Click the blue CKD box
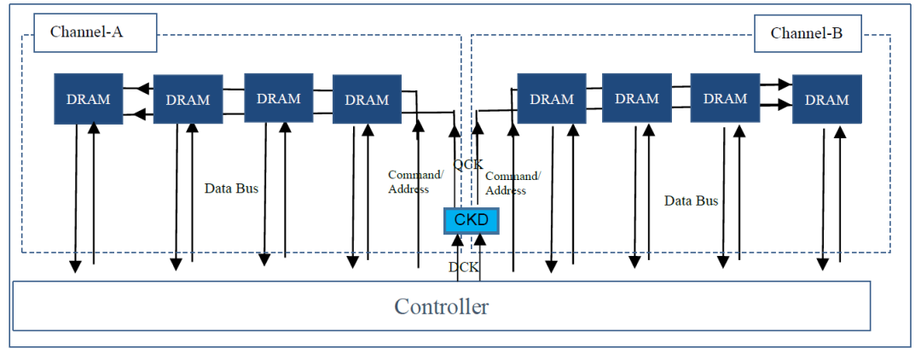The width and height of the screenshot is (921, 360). tap(470, 221)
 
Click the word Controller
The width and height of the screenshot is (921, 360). tap(441, 306)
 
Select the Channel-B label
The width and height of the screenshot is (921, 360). tap(807, 34)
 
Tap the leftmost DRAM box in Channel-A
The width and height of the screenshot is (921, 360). tap(89, 99)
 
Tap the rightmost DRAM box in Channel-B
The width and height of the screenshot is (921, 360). tap(826, 100)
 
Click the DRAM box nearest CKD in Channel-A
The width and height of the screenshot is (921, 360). tap(367, 100)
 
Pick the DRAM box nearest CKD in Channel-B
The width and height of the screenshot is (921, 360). tap(552, 99)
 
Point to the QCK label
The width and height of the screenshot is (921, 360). tap(468, 164)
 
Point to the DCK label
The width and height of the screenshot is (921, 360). tap(464, 267)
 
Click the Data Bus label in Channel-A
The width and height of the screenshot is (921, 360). tap(231, 188)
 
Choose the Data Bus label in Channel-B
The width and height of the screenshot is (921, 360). tap(691, 201)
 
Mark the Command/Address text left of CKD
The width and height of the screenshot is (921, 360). tap(414, 182)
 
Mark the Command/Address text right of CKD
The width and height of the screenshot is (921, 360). tap(513, 183)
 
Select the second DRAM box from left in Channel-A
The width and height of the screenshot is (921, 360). tap(188, 100)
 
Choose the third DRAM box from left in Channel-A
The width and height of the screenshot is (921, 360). tap(279, 98)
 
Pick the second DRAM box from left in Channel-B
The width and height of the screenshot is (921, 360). tap(637, 98)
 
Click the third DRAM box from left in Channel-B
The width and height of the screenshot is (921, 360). tap(725, 98)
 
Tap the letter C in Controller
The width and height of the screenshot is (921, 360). tap(402, 306)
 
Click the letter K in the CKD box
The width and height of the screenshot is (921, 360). tap(470, 221)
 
